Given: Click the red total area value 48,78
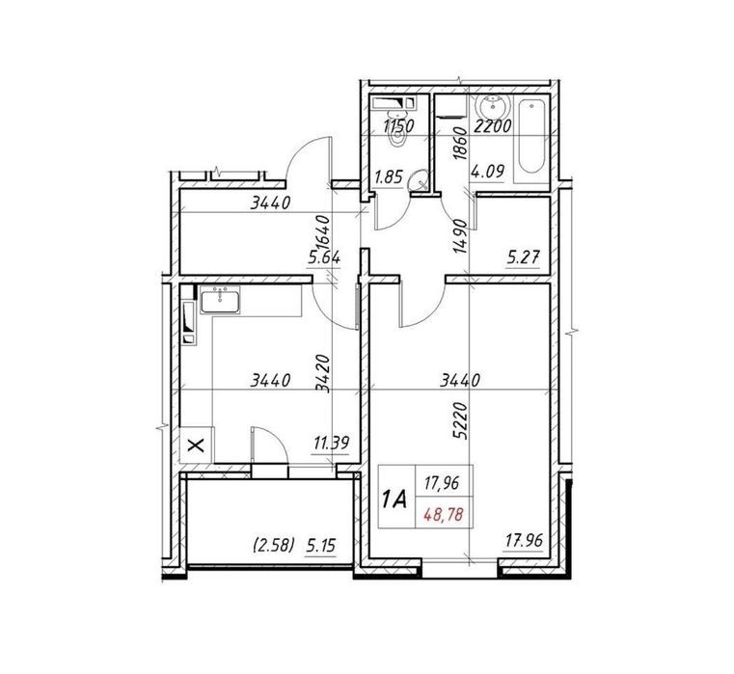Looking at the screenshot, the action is pos(444,515).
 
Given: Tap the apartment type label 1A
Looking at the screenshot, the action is pos(394,499).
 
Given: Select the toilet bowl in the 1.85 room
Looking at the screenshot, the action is pos(398,136).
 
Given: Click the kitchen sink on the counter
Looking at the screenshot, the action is pos(220,300).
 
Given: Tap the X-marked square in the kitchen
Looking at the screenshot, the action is pos(196,445).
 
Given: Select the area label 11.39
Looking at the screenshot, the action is pos(332,443).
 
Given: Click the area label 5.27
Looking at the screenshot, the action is pos(524,256).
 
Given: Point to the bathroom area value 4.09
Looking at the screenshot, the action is pos(488,172).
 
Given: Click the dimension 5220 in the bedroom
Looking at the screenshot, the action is pos(461,420).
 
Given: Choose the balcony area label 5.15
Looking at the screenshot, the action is pos(320,546).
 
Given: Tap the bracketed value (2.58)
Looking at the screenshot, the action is pos(273,546).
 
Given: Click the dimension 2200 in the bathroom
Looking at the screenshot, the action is pos(492,126).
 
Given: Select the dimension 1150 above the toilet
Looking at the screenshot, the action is pos(398,126).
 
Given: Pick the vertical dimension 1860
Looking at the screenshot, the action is pos(461,144).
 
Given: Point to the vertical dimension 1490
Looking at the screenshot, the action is pos(461,236).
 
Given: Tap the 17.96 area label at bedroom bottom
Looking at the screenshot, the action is pos(524,541).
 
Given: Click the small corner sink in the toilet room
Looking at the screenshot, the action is pos(418,180).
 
